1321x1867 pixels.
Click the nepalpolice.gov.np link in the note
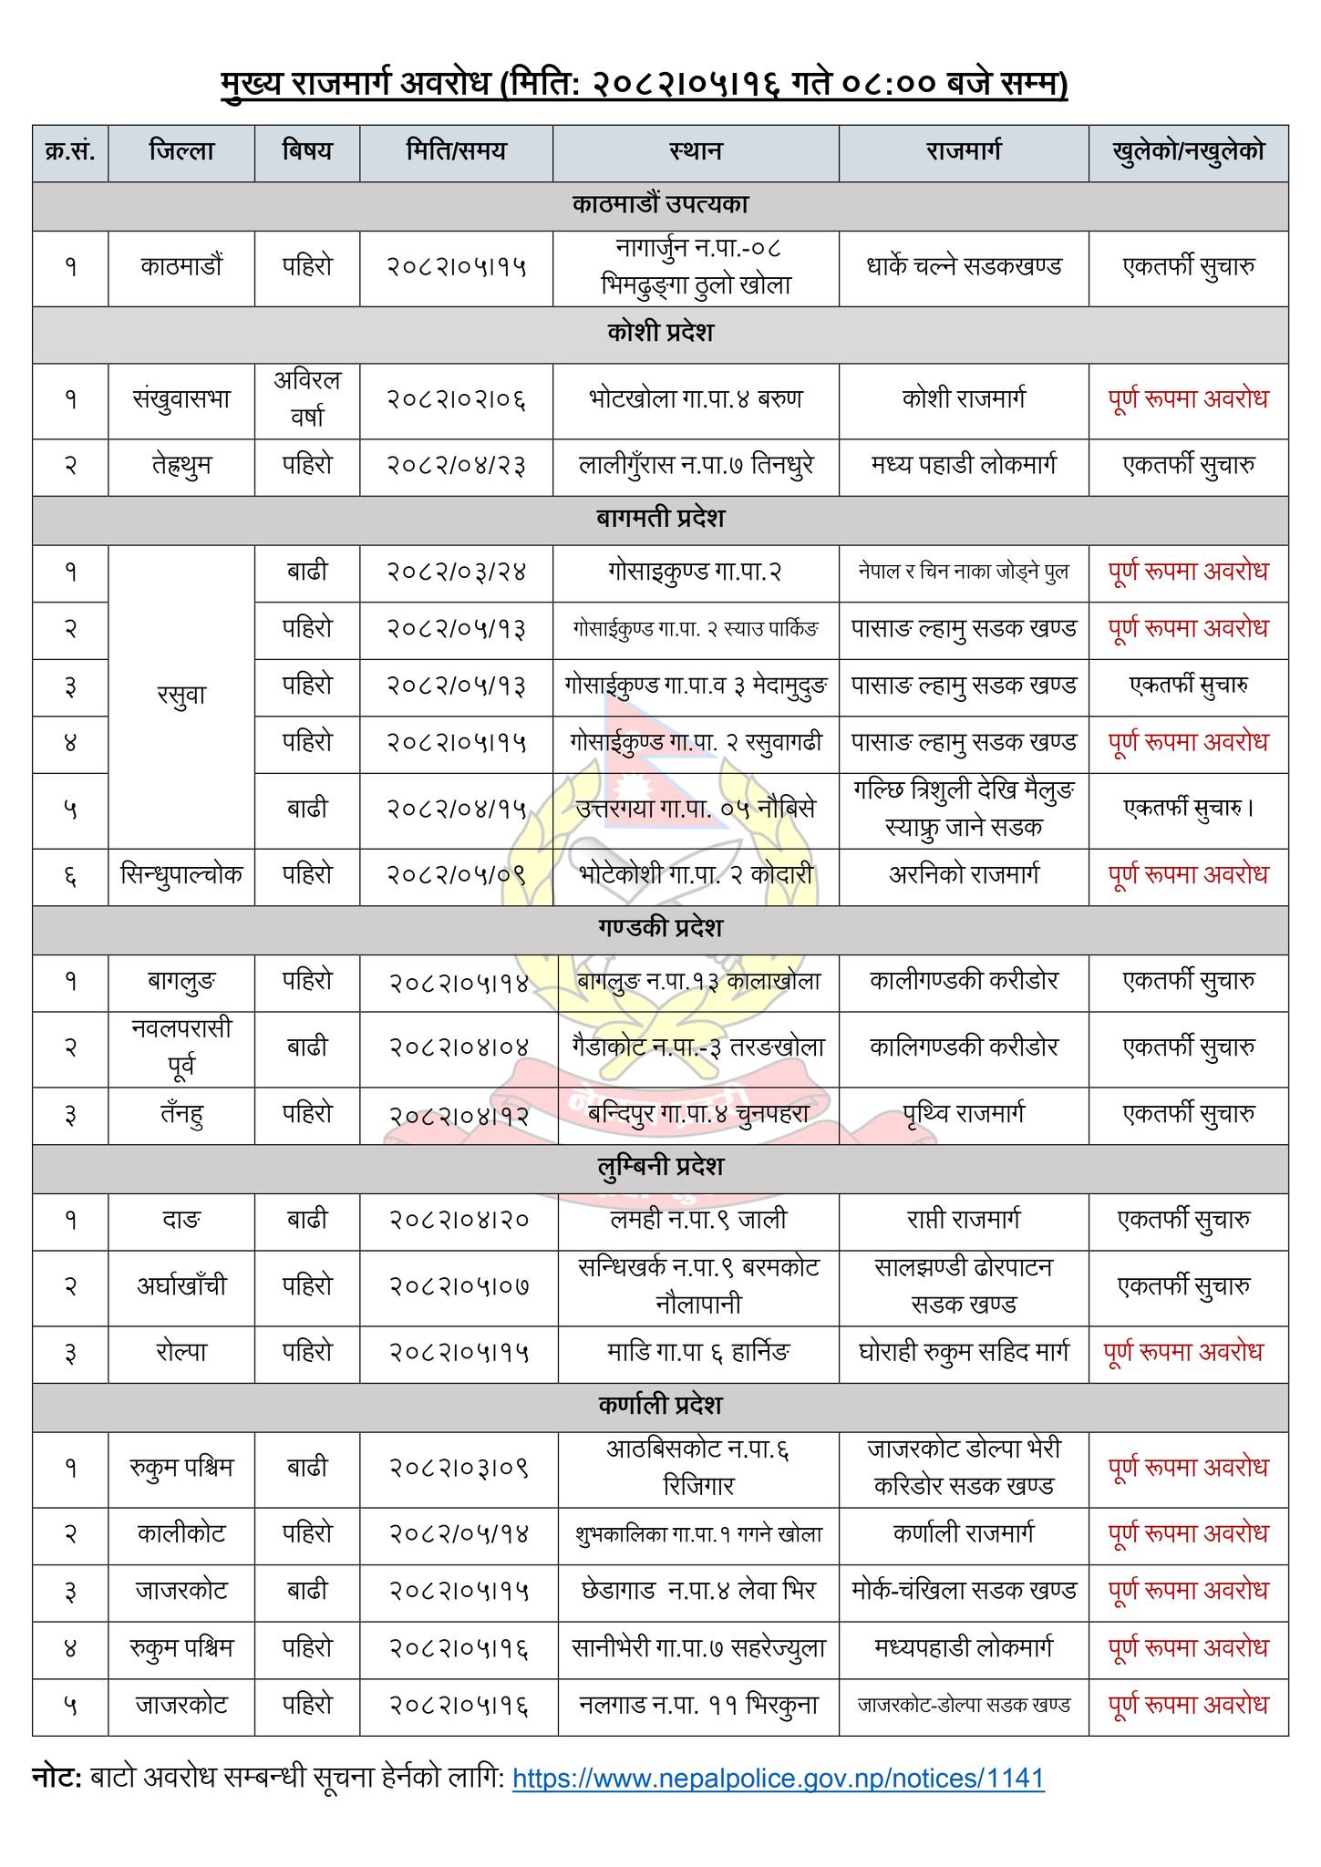click(778, 1778)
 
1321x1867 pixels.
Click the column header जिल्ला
click(181, 151)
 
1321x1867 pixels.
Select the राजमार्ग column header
click(963, 151)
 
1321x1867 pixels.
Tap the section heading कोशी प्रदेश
click(660, 333)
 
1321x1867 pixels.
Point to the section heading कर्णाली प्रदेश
click(660, 1405)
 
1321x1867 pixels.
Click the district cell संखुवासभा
click(181, 399)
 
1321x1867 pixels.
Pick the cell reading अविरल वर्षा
click(307, 399)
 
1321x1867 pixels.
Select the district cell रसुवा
click(181, 696)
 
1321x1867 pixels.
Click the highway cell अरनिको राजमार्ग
click(963, 875)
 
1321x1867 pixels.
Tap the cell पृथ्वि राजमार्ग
click(963, 1114)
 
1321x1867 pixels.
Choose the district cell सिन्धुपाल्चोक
click(181, 875)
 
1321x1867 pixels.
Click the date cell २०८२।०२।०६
click(456, 399)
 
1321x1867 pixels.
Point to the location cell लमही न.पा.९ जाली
click(697, 1220)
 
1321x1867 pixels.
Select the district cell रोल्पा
click(181, 1352)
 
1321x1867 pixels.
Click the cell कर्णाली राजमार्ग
click(963, 1534)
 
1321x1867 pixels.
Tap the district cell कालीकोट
click(181, 1534)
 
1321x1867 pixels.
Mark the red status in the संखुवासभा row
click(1188, 399)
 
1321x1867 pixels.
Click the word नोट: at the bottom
click(57, 1778)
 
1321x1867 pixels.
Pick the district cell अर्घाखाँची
click(181, 1286)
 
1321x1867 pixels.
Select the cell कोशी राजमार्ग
click(963, 399)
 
